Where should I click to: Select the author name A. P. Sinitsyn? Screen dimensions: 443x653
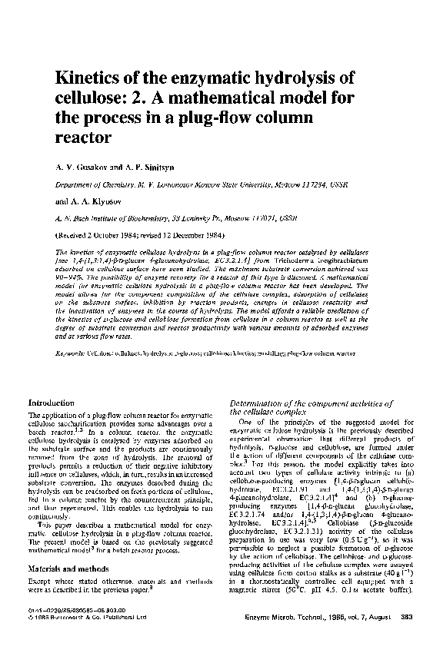point(150,167)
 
